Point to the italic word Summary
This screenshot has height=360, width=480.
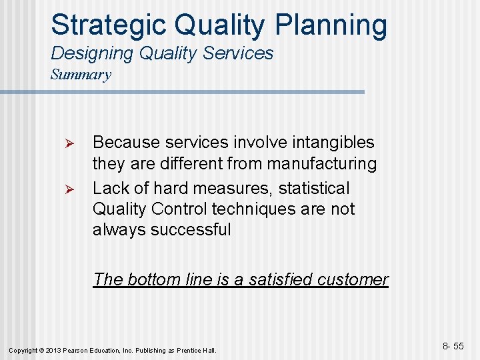[x=81, y=74]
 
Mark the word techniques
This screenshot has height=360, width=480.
[x=262, y=209]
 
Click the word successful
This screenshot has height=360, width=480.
[x=191, y=230]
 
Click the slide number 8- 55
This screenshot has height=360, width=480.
[x=453, y=347]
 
